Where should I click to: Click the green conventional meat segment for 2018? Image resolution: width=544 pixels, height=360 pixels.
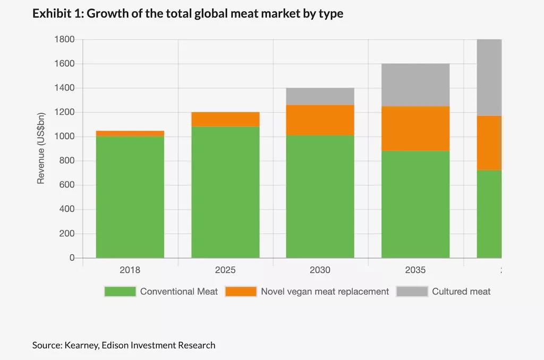(130, 197)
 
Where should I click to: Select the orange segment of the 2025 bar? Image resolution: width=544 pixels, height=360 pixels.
(225, 119)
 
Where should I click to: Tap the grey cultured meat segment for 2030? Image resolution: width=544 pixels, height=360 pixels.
(320, 96)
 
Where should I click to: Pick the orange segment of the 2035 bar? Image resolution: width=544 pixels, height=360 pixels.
(415, 128)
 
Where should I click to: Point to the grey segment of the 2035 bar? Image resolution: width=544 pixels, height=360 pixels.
(415, 85)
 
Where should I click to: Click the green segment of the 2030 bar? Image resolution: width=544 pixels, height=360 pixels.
(320, 196)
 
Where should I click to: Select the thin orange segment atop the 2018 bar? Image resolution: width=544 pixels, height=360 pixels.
(130, 133)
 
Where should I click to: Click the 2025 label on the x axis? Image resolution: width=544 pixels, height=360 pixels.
(225, 270)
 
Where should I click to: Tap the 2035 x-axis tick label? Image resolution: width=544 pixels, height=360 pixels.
(415, 270)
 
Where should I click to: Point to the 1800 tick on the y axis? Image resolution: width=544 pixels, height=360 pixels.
(64, 39)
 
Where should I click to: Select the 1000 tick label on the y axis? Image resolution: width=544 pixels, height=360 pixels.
(64, 136)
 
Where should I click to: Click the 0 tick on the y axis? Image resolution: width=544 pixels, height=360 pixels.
(72, 258)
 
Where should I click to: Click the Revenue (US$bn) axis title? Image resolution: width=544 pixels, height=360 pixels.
(41, 148)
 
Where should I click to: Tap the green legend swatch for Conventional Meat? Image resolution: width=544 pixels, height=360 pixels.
(120, 292)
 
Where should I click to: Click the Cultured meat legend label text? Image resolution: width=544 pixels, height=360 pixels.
(461, 292)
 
